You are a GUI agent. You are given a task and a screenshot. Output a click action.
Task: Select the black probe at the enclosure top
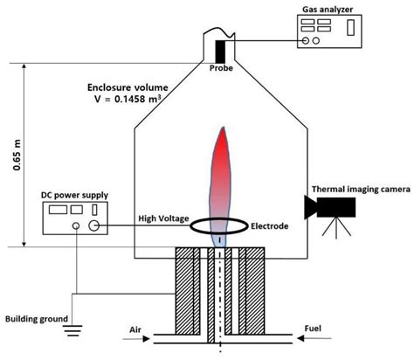click(221, 48)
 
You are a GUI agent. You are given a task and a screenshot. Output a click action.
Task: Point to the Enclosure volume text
click(128, 87)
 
